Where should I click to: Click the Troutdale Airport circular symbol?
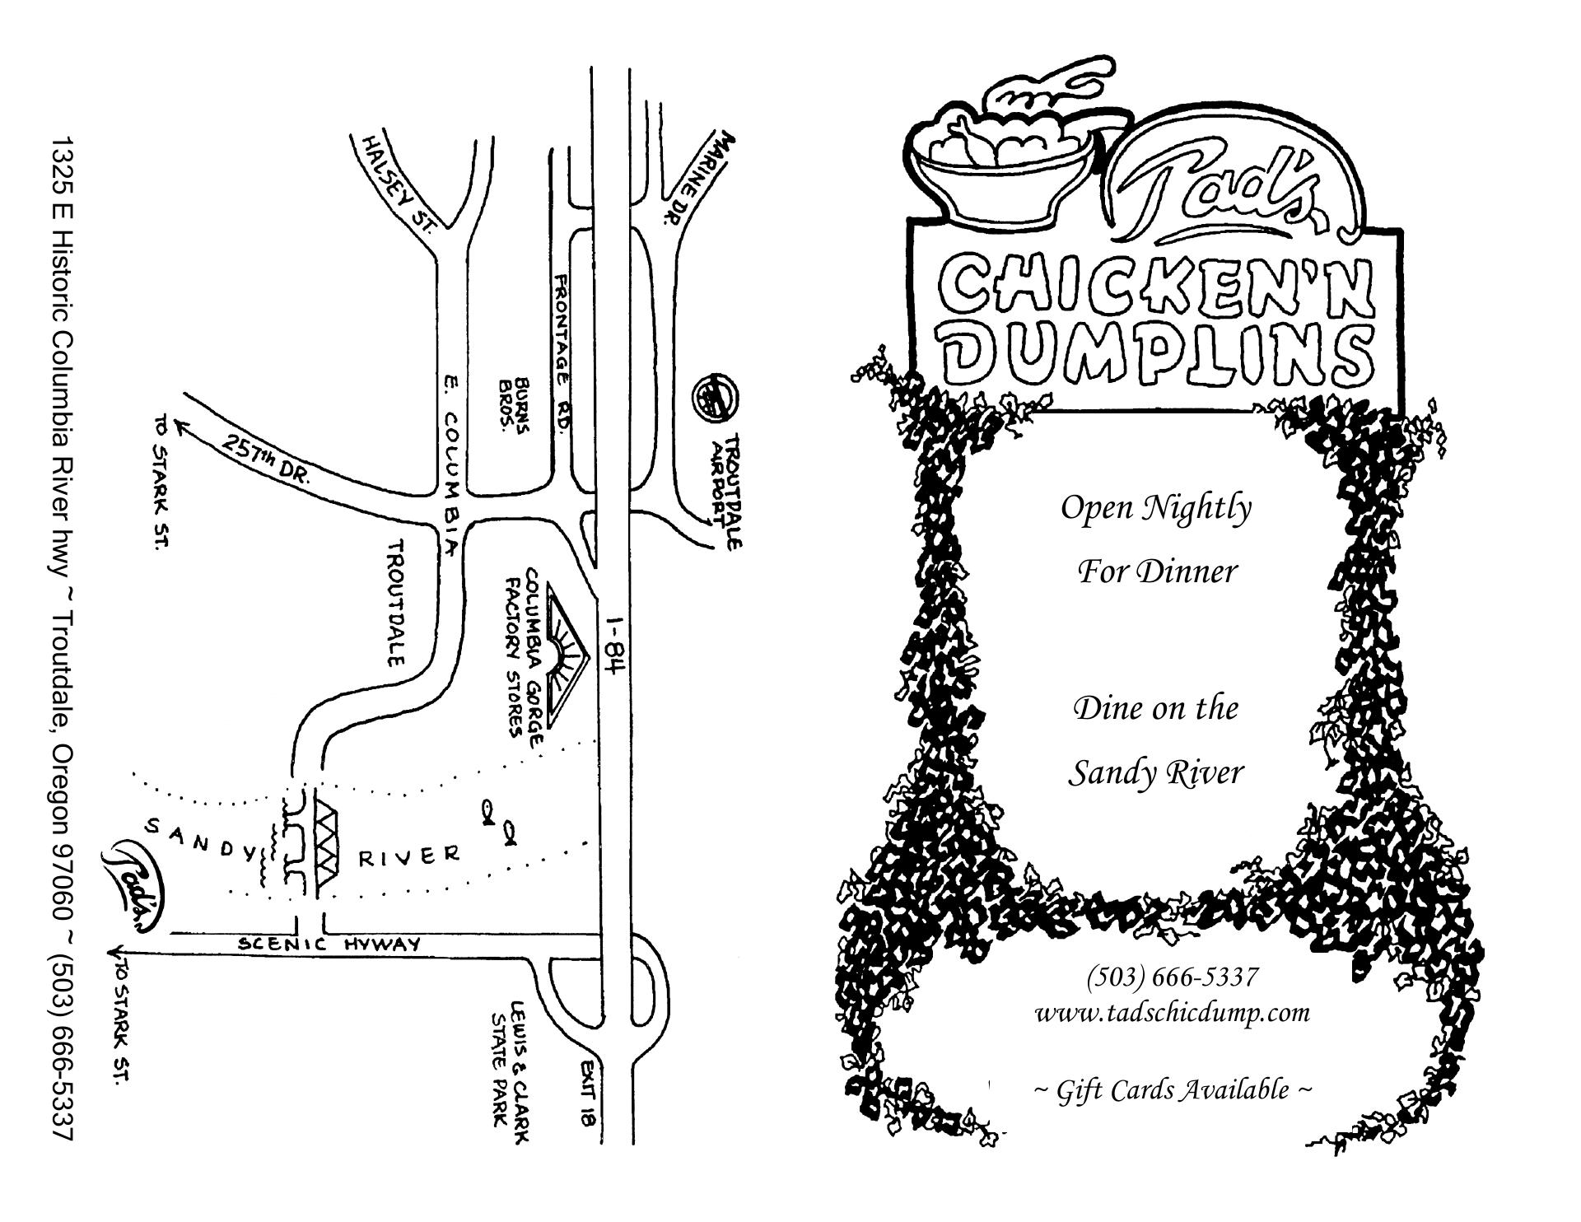pos(714,396)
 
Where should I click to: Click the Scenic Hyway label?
pos(329,944)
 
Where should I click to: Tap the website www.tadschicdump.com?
pos(1172,1011)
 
